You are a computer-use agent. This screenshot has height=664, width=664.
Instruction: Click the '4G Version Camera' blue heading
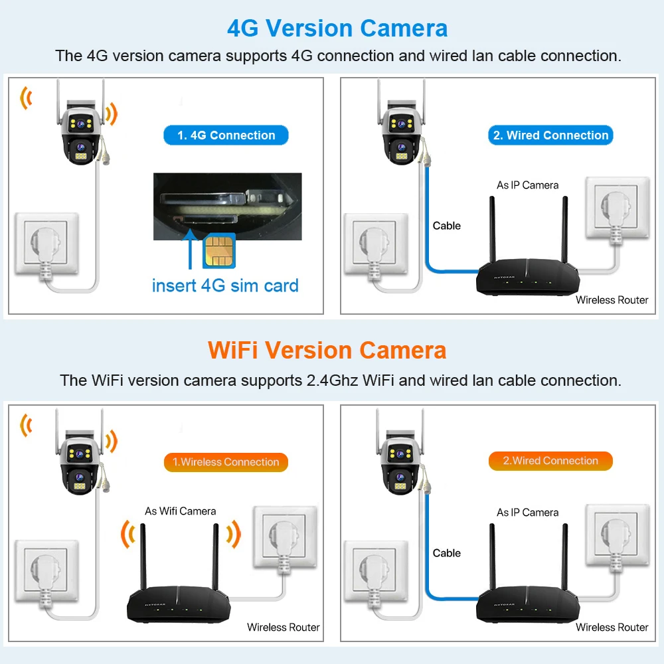tap(337, 29)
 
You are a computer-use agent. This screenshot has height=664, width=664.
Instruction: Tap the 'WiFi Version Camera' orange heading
tap(327, 351)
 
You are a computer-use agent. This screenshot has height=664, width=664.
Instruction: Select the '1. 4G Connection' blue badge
tap(226, 135)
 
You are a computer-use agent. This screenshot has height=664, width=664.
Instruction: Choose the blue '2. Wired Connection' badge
tap(550, 135)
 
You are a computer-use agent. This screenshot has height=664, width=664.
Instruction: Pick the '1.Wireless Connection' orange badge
tap(226, 462)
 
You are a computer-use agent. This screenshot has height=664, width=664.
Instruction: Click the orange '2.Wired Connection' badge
tap(550, 461)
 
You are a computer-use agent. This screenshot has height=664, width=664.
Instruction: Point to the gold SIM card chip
tap(219, 250)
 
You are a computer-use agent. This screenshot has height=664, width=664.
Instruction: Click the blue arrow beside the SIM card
tap(190, 249)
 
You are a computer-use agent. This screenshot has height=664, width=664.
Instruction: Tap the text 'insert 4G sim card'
tap(225, 286)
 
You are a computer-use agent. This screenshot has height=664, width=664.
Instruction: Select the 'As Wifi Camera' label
tap(181, 511)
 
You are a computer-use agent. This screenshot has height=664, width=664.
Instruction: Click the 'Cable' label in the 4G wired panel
tap(447, 226)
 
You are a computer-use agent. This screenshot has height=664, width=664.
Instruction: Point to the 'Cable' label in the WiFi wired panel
tap(447, 553)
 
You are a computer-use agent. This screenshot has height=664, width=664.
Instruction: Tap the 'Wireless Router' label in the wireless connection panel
tap(284, 627)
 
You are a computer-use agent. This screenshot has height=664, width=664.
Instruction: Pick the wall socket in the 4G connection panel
tap(46, 244)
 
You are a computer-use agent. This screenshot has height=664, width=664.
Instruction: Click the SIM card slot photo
tap(227, 207)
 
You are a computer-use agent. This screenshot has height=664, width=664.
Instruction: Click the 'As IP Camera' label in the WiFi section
tap(528, 513)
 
